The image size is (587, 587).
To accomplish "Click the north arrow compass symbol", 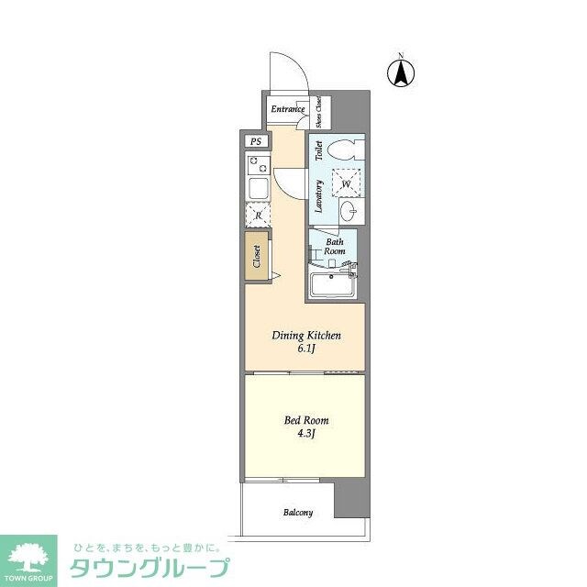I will [401, 72].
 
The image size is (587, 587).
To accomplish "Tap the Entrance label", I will [287, 110].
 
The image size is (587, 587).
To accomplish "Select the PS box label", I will [256, 142].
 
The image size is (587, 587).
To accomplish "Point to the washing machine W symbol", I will [346, 183].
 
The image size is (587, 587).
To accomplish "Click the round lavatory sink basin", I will [349, 211].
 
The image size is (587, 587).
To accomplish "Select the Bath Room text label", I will [333, 246].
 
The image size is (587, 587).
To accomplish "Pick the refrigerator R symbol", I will [258, 216].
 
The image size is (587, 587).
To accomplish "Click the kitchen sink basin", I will [258, 190].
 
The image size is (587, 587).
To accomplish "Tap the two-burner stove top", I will [256, 166].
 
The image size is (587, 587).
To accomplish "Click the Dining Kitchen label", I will [306, 336].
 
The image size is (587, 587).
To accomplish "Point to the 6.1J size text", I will [306, 349].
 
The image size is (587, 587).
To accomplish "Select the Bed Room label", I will [305, 420].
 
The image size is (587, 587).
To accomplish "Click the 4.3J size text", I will [305, 434].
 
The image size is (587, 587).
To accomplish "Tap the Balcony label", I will [297, 513].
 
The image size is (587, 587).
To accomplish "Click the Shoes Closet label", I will [318, 110].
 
